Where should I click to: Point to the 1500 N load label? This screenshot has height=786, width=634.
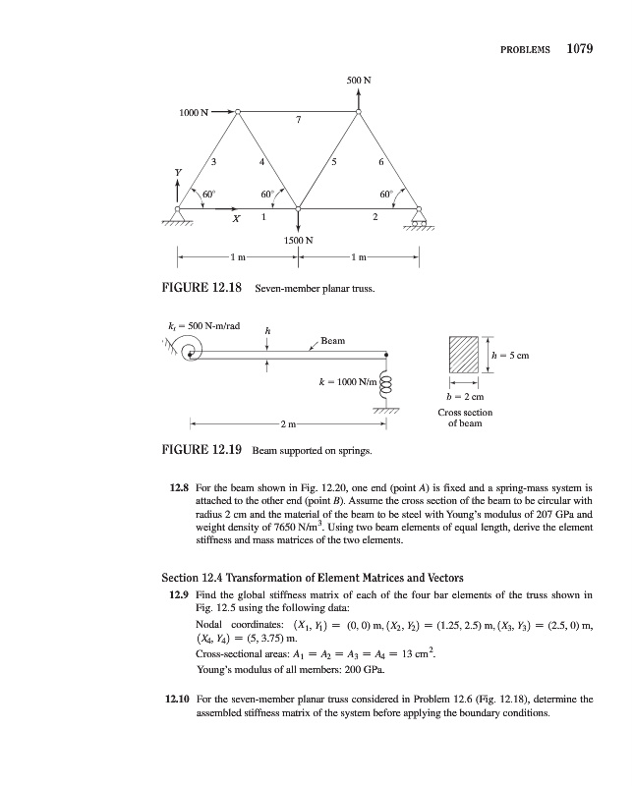[298, 239]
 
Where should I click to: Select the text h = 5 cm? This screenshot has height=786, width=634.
[513, 355]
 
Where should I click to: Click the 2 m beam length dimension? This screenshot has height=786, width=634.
[286, 424]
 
